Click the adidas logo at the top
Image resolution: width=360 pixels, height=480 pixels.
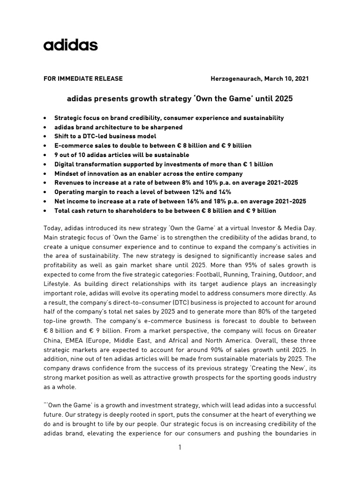pos(70,45)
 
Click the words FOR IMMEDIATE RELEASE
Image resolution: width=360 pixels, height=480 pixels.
pos(83,79)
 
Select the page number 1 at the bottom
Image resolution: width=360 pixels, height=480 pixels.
pos(180,448)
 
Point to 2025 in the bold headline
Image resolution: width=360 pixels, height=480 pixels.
pos(284,99)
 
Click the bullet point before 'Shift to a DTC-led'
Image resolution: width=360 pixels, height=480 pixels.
pos(44,136)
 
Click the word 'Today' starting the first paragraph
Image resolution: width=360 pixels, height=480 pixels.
pos(52,228)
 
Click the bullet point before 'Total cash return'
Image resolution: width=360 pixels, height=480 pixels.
pos(44,211)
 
